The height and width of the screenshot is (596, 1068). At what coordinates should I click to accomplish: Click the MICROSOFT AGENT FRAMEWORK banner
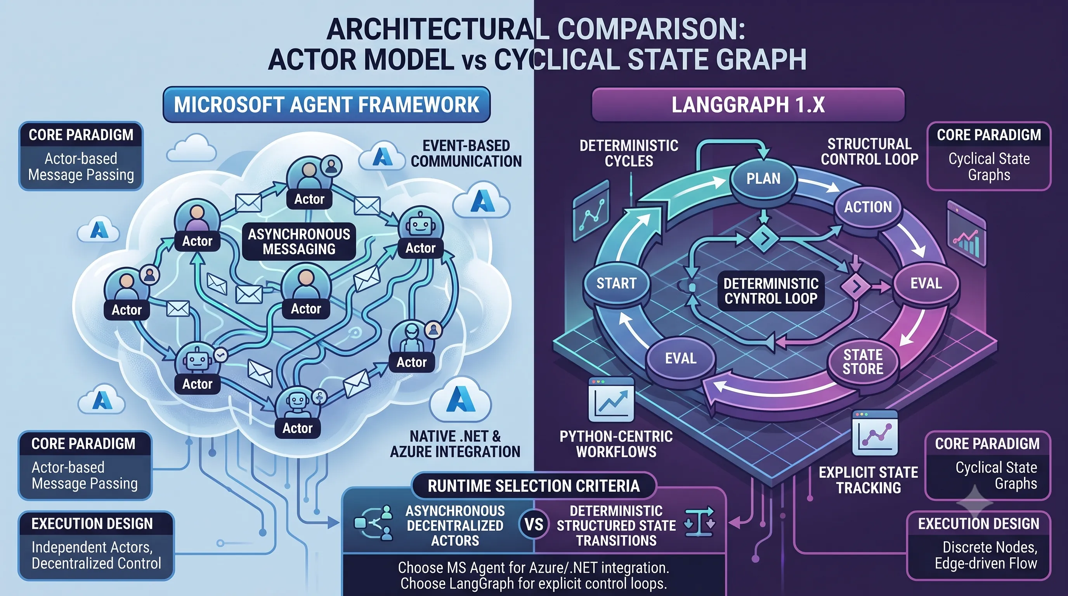(x=326, y=104)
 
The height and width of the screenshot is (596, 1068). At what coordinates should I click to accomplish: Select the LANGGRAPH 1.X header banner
(x=748, y=104)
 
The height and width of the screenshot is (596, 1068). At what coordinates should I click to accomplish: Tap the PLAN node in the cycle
(x=763, y=178)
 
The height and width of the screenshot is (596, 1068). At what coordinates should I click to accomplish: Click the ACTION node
(x=868, y=207)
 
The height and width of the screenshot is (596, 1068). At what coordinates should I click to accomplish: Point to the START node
(x=616, y=283)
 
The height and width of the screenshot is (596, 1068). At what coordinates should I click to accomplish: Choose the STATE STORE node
(x=863, y=362)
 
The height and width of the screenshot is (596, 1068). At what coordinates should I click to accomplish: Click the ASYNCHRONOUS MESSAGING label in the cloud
(x=299, y=242)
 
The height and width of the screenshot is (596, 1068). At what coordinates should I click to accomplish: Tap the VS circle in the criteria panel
(x=534, y=525)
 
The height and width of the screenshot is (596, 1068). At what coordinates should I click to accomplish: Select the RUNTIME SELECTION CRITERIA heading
(x=534, y=486)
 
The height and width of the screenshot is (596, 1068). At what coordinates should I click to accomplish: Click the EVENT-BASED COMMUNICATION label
(x=466, y=153)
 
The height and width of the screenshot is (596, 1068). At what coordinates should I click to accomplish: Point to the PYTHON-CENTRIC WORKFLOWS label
(x=616, y=444)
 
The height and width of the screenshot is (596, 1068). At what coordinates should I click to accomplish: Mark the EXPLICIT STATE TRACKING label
(x=868, y=480)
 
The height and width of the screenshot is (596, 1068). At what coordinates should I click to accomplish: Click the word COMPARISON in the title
(x=651, y=30)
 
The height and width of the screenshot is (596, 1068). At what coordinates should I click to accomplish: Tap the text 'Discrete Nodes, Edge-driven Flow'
(x=986, y=555)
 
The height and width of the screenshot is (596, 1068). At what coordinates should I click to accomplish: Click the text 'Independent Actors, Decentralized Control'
(x=96, y=555)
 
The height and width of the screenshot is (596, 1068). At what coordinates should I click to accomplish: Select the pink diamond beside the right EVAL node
(x=856, y=286)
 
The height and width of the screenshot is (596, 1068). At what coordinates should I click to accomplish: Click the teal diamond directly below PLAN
(x=763, y=238)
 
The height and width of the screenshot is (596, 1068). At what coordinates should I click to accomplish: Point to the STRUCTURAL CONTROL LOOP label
(x=869, y=152)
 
